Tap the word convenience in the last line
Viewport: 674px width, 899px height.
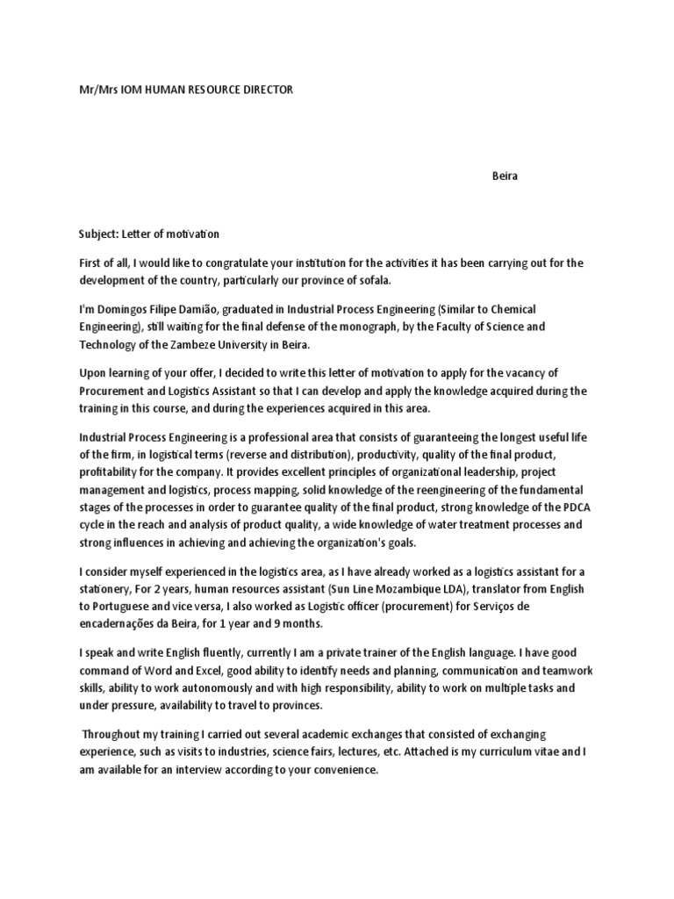344,770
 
